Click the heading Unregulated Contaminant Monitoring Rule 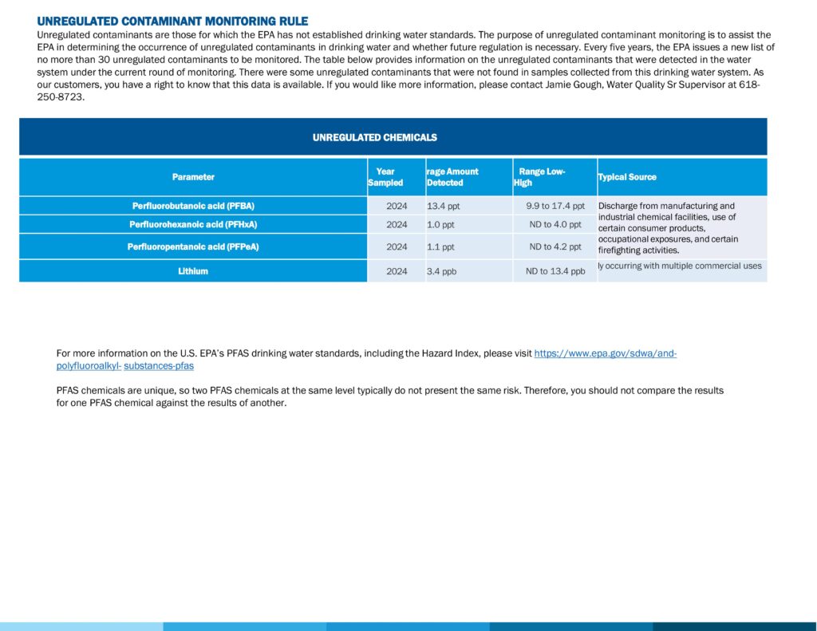[172, 22]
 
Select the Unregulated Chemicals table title [374, 137]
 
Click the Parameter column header [193, 177]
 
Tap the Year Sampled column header [385, 177]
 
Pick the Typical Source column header [627, 177]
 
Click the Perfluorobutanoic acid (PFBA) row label [193, 206]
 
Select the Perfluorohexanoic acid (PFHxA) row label [193, 224]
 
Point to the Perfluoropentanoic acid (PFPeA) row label [193, 246]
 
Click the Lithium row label [193, 271]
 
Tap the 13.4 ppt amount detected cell [443, 206]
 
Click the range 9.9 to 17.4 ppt [555, 206]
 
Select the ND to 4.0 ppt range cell [555, 224]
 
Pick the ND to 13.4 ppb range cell [555, 271]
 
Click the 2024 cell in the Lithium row [397, 271]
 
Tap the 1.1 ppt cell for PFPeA [440, 246]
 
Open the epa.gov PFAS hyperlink [605, 353]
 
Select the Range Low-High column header [541, 177]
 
